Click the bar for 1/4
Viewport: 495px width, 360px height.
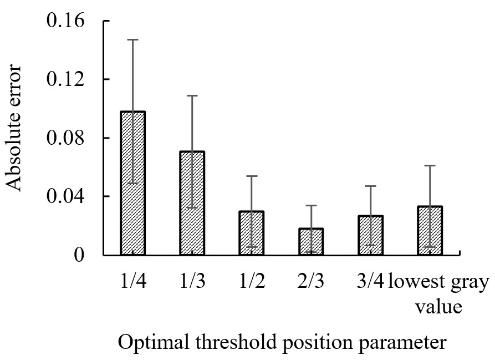pyautogui.click(x=133, y=183)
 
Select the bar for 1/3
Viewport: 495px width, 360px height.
pyautogui.click(x=192, y=203)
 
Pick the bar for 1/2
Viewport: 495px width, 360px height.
pyautogui.click(x=252, y=233)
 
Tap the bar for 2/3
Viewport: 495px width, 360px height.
pyautogui.click(x=311, y=242)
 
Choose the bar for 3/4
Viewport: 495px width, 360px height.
pyautogui.click(x=370, y=235)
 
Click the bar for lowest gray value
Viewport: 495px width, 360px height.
pyautogui.click(x=430, y=231)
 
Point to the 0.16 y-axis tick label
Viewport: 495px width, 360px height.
pyautogui.click(x=65, y=21)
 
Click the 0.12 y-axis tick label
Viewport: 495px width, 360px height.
pyautogui.click(x=65, y=79)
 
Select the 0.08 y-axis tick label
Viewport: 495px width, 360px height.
pyautogui.click(x=65, y=138)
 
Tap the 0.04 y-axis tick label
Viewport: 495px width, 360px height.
pyautogui.click(x=65, y=196)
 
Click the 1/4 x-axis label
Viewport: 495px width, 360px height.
pyautogui.click(x=133, y=281)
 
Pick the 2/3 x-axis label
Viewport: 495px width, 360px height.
pyautogui.click(x=310, y=281)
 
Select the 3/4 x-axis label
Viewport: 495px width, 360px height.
pyautogui.click(x=370, y=281)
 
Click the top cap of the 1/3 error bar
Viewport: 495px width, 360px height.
pyautogui.click(x=192, y=95)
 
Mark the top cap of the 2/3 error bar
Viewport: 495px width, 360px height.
pyautogui.click(x=311, y=206)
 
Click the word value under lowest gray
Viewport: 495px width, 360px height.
pyautogui.click(x=438, y=306)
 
